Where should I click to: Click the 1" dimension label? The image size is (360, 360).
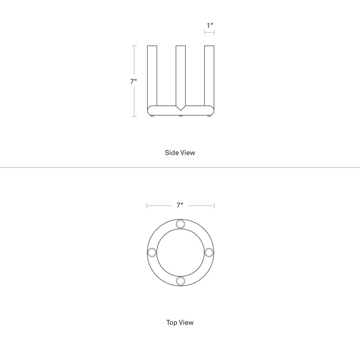point(210,25)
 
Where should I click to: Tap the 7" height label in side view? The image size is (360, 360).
point(134,81)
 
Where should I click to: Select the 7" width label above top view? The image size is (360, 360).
point(180,205)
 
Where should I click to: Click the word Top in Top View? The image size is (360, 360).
point(171,323)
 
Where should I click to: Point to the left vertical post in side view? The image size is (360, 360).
point(152,76)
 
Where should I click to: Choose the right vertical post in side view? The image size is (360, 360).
point(209,76)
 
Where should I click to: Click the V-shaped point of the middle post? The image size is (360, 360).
point(181,110)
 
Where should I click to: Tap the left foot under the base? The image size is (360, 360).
point(152,116)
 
